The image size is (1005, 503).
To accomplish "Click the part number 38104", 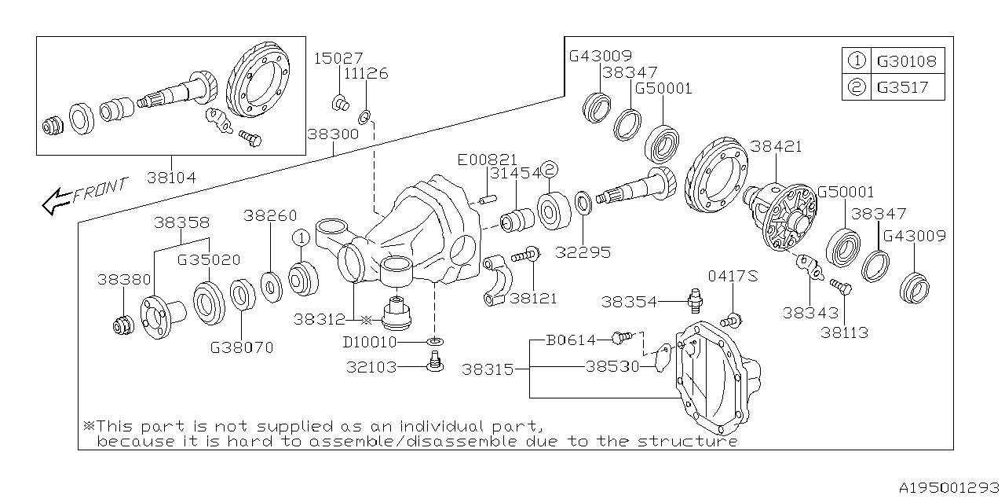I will [x=171, y=178].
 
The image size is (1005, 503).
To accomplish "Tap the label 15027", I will [x=338, y=58].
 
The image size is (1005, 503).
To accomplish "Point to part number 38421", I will [x=776, y=146].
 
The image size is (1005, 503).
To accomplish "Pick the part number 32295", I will [x=584, y=253].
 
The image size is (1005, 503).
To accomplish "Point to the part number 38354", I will [x=629, y=301].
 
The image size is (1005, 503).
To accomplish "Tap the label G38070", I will [x=242, y=347].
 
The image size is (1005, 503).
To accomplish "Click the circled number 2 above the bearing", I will [x=550, y=170].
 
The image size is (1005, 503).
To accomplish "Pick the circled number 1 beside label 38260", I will [x=299, y=237].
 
